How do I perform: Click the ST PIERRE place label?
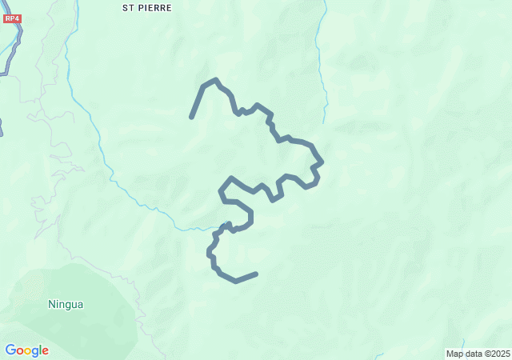point(146,7)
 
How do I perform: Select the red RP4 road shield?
point(10,17)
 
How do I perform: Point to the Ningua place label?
point(66,304)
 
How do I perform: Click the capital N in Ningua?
point(52,304)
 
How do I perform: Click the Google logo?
point(26,350)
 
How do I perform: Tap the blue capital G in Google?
point(10,350)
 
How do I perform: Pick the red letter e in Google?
point(45,351)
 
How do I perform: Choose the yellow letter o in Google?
point(28,351)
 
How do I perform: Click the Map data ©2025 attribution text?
point(478,354)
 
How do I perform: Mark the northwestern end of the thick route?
point(191,118)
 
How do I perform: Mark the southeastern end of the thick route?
point(256,274)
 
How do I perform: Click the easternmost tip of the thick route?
point(322,162)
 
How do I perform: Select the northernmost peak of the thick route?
point(216,80)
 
